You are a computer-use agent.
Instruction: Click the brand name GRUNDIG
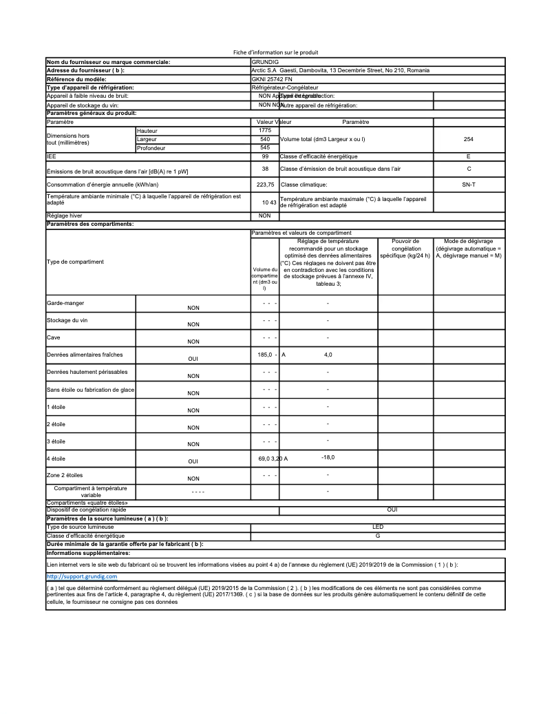[266, 62]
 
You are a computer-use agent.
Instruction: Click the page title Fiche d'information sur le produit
[276, 52]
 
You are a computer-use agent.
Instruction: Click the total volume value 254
[469, 139]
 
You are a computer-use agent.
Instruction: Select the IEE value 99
[265, 156]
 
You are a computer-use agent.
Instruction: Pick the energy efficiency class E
[469, 156]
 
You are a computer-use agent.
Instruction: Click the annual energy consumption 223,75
[265, 185]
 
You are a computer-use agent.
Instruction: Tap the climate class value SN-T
[469, 185]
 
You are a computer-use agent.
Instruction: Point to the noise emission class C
[469, 168]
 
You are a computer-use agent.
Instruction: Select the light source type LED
[378, 527]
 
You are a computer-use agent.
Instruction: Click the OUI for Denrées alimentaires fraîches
[193, 359]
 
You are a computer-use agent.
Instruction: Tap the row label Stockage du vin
[67, 320]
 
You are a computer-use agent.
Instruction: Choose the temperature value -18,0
[328, 457]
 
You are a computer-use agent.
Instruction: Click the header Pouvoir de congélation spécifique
[405, 249]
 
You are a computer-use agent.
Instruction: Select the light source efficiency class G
[378, 535]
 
